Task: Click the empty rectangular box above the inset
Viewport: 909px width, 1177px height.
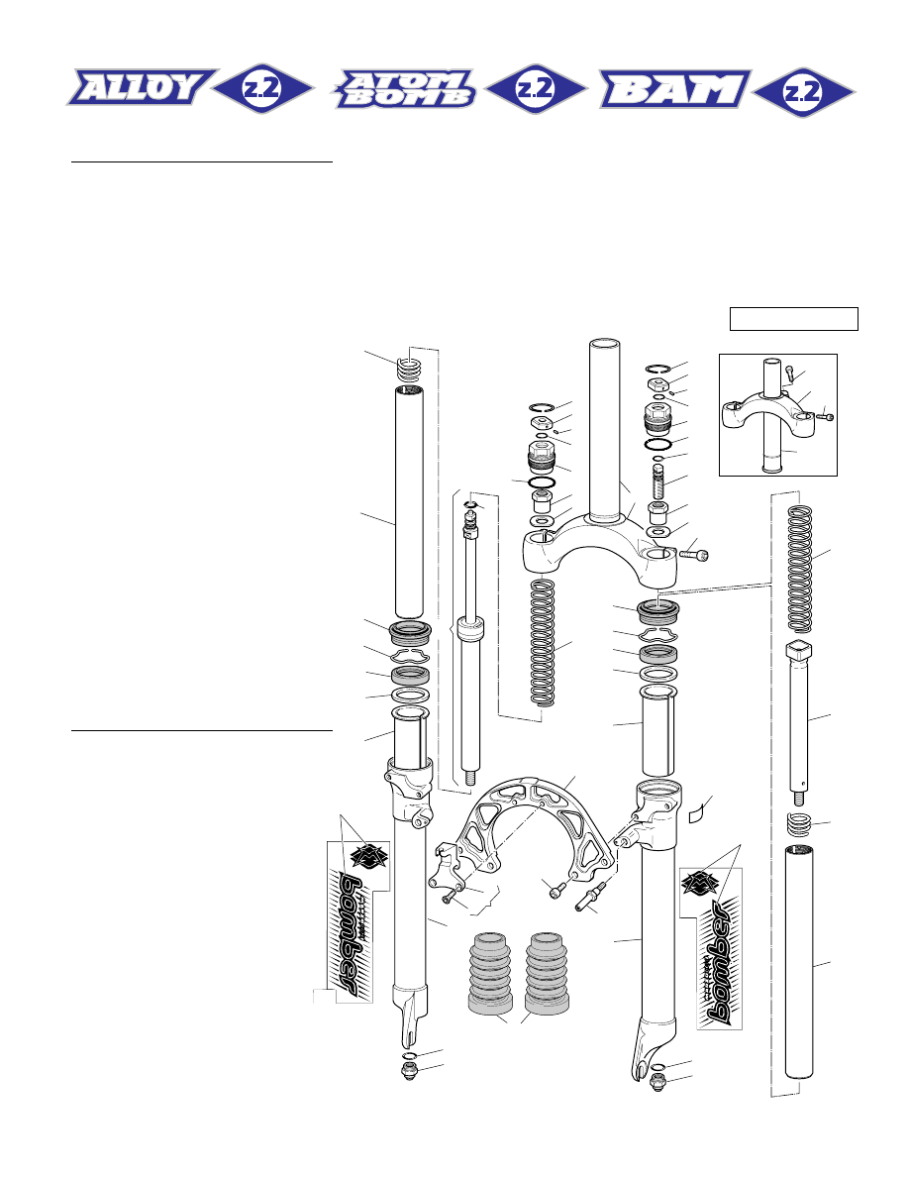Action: coord(793,319)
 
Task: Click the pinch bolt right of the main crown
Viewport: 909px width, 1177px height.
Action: coord(693,555)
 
